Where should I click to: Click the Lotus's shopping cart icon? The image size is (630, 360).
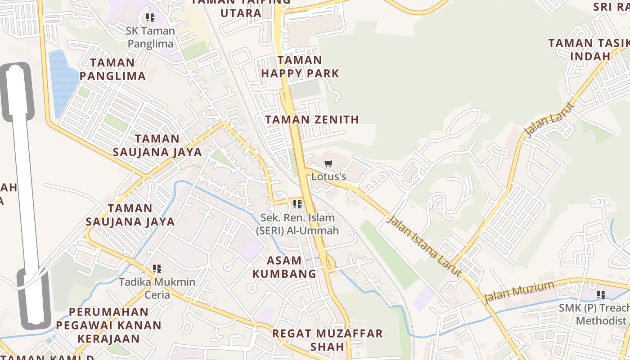tap(328, 164)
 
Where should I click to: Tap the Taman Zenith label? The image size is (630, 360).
tap(312, 120)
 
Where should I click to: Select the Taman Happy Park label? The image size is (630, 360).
tap(300, 67)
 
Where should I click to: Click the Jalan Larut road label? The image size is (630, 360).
tap(550, 120)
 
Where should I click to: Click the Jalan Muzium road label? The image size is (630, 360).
tap(519, 292)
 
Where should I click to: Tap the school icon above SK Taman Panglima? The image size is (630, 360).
tap(150, 18)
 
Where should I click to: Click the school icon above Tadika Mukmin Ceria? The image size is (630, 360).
tap(157, 269)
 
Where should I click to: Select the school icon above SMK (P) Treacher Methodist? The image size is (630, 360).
tap(601, 295)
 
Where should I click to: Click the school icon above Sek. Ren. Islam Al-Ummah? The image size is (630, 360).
tap(297, 204)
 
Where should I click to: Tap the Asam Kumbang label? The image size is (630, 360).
tap(284, 267)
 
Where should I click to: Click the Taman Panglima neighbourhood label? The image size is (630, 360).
tap(112, 69)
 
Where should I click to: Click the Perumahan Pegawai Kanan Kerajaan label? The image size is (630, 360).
tap(109, 325)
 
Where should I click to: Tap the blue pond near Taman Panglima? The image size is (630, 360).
tap(62, 83)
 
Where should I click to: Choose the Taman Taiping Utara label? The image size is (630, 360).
tap(241, 8)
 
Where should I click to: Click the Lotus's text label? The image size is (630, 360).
tap(329, 176)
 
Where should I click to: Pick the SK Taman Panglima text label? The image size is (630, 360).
tap(150, 37)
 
